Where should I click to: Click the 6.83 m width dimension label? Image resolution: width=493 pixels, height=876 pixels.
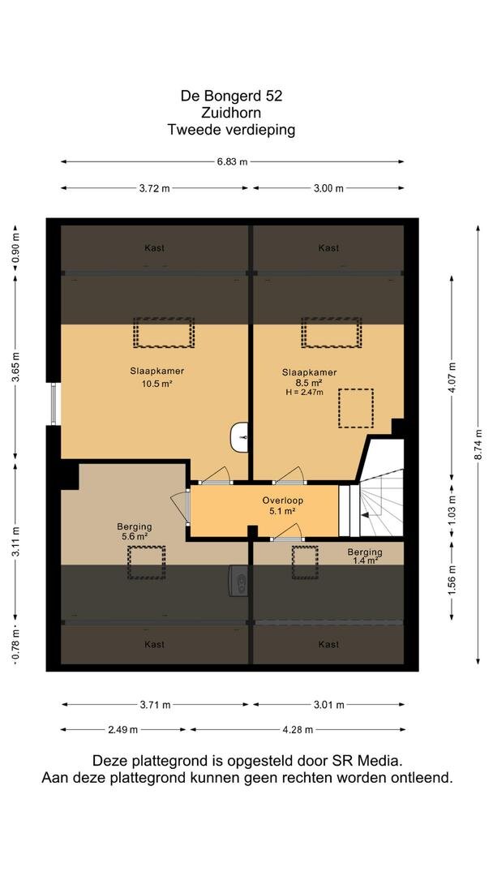pyautogui.click(x=232, y=162)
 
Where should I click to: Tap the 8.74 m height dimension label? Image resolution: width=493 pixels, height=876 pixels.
pyautogui.click(x=478, y=445)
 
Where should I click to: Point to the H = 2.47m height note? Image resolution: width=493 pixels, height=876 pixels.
pyautogui.click(x=304, y=393)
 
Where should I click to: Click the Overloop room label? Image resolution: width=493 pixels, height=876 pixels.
pyautogui.click(x=282, y=500)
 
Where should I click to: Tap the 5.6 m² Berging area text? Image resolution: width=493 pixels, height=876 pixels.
pyautogui.click(x=134, y=536)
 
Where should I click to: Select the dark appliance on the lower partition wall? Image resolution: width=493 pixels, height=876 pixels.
pyautogui.click(x=239, y=581)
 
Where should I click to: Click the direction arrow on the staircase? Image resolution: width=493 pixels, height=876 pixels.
pyautogui.click(x=367, y=515)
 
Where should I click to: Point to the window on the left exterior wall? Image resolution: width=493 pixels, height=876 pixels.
pyautogui.click(x=54, y=404)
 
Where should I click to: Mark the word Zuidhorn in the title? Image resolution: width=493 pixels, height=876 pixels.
pyautogui.click(x=231, y=113)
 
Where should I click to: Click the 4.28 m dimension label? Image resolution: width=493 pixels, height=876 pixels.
pyautogui.click(x=298, y=730)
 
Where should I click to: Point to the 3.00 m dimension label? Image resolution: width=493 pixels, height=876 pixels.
pyautogui.click(x=328, y=188)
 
